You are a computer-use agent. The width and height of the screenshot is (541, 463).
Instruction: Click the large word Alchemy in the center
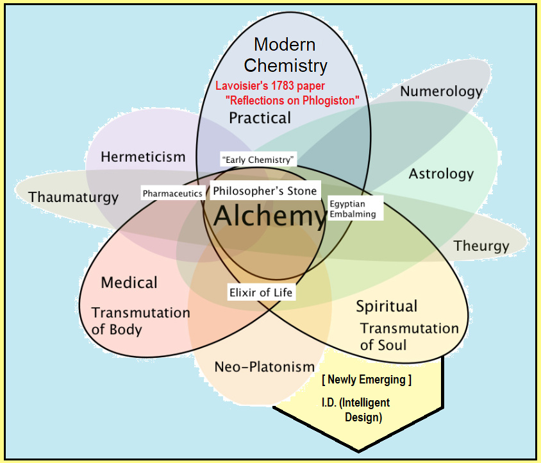click(270, 216)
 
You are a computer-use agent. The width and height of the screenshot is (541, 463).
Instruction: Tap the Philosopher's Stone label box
click(265, 191)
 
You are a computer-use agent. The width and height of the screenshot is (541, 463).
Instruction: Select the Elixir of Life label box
click(261, 292)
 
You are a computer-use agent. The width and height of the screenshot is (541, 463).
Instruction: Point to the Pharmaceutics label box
click(172, 193)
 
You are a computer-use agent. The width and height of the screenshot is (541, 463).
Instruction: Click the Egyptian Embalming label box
click(354, 209)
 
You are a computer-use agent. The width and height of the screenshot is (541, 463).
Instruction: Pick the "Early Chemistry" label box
click(258, 159)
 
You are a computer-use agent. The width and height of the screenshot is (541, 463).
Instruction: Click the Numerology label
click(441, 91)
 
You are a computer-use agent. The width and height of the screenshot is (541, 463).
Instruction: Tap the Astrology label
click(441, 173)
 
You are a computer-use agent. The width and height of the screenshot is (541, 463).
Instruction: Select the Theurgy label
click(481, 246)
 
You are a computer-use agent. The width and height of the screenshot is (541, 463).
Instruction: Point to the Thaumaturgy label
click(73, 197)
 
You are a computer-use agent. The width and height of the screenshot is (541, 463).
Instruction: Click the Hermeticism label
click(143, 156)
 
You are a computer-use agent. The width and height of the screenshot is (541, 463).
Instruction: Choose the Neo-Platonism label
click(264, 367)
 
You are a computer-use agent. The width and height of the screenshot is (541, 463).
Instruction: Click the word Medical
click(129, 282)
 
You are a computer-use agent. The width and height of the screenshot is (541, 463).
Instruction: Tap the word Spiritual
click(387, 306)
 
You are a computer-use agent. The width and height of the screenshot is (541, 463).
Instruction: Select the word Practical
click(260, 118)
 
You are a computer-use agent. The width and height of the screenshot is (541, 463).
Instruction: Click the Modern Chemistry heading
click(285, 55)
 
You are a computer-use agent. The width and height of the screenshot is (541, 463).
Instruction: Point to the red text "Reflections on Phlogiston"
click(292, 101)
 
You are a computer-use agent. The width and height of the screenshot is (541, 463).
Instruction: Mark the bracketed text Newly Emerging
click(366, 380)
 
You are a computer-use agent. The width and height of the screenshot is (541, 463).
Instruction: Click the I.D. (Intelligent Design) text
click(356, 410)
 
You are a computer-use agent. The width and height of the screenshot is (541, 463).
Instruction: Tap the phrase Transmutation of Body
click(140, 321)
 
